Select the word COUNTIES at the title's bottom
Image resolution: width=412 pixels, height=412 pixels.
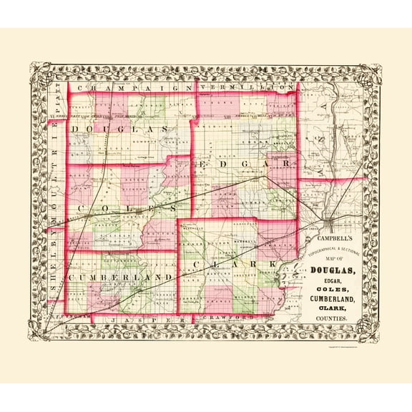tap(333, 317)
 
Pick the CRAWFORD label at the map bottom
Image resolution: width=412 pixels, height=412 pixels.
tap(227, 315)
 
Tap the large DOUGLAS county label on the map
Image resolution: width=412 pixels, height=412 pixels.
tap(119, 127)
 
